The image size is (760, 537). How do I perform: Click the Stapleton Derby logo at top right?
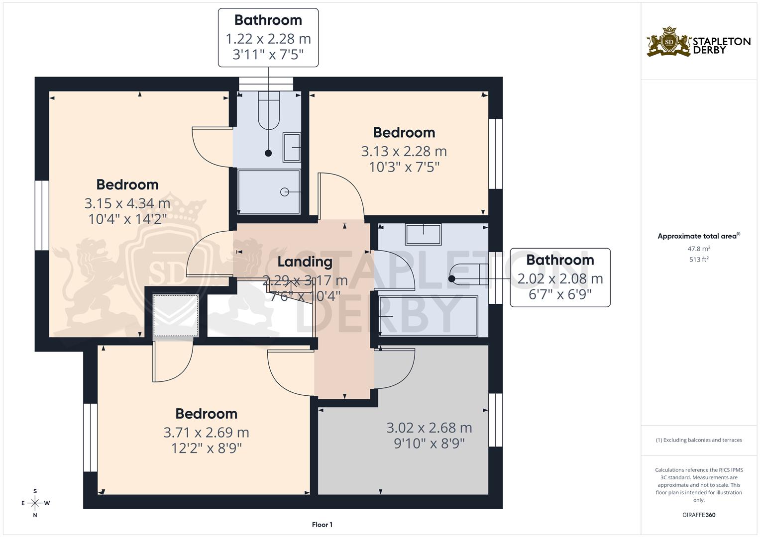(x=698, y=42)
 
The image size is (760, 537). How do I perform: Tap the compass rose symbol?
(x=35, y=503)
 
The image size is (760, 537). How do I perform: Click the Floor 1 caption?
(x=322, y=525)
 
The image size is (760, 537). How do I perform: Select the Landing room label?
(x=305, y=262)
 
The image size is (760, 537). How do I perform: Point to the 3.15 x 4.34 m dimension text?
(x=127, y=203)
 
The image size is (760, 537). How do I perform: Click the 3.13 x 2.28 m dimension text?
(x=404, y=151)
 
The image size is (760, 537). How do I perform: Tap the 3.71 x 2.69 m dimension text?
(x=206, y=433)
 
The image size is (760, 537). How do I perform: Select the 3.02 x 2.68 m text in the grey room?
(x=429, y=428)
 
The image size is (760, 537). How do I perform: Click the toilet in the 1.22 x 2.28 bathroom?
(x=269, y=112)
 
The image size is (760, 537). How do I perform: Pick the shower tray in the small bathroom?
(x=269, y=191)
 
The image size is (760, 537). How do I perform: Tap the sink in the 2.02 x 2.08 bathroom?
(x=423, y=234)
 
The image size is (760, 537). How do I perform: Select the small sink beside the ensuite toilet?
(x=292, y=147)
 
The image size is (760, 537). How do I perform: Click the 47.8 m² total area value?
(x=699, y=249)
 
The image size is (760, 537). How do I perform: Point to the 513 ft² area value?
(x=699, y=260)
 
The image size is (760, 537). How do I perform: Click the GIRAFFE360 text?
(x=699, y=515)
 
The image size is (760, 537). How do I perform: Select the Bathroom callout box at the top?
(x=268, y=37)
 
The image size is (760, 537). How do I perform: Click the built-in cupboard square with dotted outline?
(x=175, y=316)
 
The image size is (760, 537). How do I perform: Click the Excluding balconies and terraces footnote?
(x=699, y=440)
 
